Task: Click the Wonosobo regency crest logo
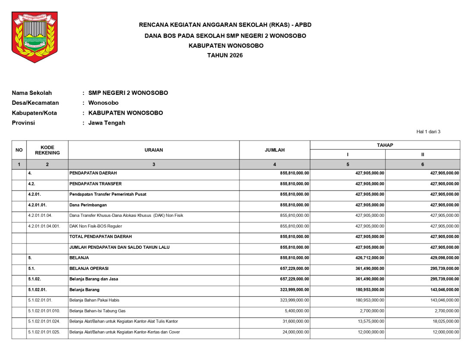pos(34,37)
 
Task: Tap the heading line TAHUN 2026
pos(225,55)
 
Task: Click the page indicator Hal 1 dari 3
pos(428,132)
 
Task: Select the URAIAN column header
pos(154,150)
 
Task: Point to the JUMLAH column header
pos(274,150)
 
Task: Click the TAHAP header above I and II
pos(385,145)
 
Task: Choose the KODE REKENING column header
pos(47,150)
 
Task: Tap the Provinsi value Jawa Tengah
pos(107,123)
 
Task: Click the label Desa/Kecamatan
pos(35,103)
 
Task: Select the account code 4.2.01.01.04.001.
pos(44,226)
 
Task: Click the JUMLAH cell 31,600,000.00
pos(295,321)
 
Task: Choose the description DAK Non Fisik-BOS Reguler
pos(96,226)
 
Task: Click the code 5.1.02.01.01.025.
pos(44,332)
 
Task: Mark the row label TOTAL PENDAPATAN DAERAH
pos(101,237)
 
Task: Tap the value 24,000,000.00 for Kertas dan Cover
pos(295,332)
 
